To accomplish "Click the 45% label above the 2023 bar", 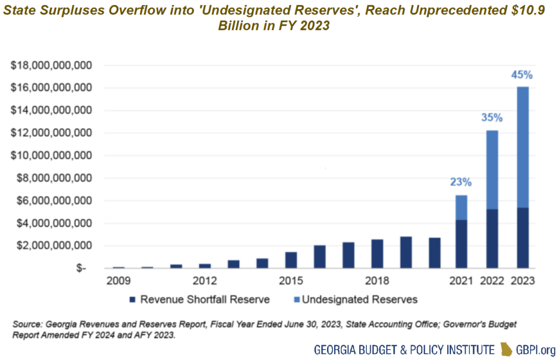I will click(x=522, y=75).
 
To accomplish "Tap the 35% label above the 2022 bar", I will click(x=492, y=117).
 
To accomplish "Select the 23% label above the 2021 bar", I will click(x=461, y=183).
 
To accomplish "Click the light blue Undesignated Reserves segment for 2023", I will click(x=522, y=147).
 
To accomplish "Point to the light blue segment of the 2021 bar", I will click(x=461, y=208).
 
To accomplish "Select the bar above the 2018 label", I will click(x=377, y=254).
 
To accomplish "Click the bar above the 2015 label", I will click(x=291, y=260).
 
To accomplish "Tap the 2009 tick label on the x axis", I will click(x=118, y=281).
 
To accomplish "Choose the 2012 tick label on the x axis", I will click(x=205, y=281).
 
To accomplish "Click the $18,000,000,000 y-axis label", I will click(x=51, y=65).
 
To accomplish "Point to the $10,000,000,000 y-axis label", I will click(x=51, y=155).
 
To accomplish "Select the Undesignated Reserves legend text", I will click(x=360, y=299).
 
